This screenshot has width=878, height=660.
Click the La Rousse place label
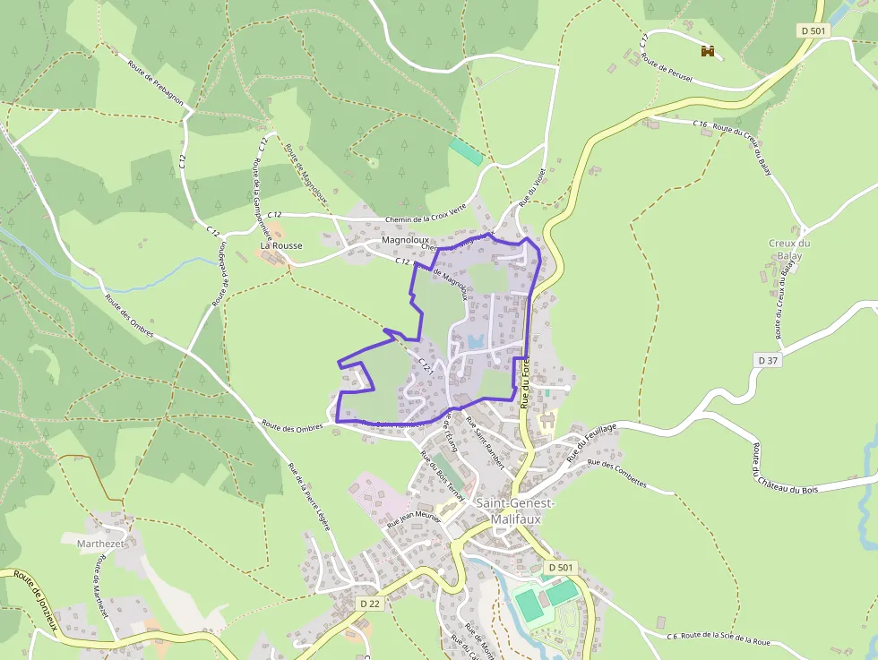(x=280, y=245)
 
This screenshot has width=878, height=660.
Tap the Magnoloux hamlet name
(x=406, y=241)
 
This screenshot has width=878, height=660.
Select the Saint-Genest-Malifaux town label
(x=515, y=510)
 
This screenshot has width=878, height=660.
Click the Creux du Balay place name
(x=789, y=250)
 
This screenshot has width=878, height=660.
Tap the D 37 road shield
(x=768, y=360)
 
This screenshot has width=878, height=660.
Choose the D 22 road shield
(x=371, y=604)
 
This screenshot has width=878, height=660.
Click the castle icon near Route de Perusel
(x=708, y=51)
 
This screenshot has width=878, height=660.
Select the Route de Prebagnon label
(x=155, y=83)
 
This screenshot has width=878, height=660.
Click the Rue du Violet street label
(x=533, y=186)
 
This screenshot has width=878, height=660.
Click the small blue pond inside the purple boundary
(x=475, y=341)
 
